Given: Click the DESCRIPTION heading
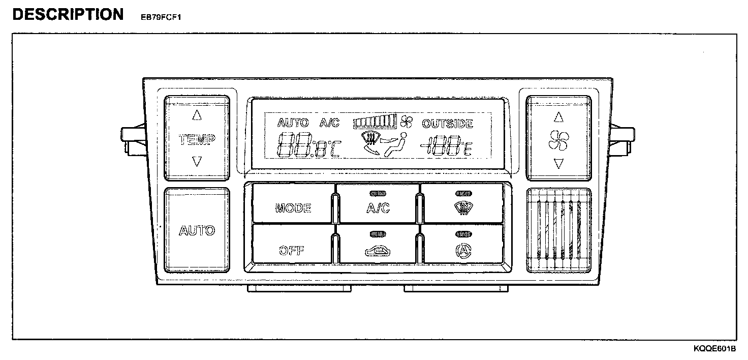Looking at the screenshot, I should tap(68, 14).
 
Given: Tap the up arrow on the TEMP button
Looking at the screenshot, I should tap(197, 115).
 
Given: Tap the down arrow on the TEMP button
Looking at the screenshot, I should tap(197, 162).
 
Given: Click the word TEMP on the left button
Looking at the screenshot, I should tap(197, 139).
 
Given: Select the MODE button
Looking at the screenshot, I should tap(293, 207).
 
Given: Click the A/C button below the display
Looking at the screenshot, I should tap(378, 207).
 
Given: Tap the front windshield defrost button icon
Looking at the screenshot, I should tap(462, 207).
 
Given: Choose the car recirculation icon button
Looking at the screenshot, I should tap(378, 250).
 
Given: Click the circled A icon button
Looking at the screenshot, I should tap(462, 250).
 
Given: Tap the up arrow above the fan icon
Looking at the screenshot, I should tap(559, 117).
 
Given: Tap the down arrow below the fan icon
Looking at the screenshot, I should tap(559, 164).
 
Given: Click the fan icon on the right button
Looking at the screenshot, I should tap(559, 141).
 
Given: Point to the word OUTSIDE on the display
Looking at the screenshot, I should tap(447, 124).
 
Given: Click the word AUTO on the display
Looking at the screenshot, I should tap(293, 123).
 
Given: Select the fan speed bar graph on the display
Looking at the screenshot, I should tap(375, 122).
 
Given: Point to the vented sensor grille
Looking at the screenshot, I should tap(559, 231).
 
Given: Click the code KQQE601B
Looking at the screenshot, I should tap(714, 349).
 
